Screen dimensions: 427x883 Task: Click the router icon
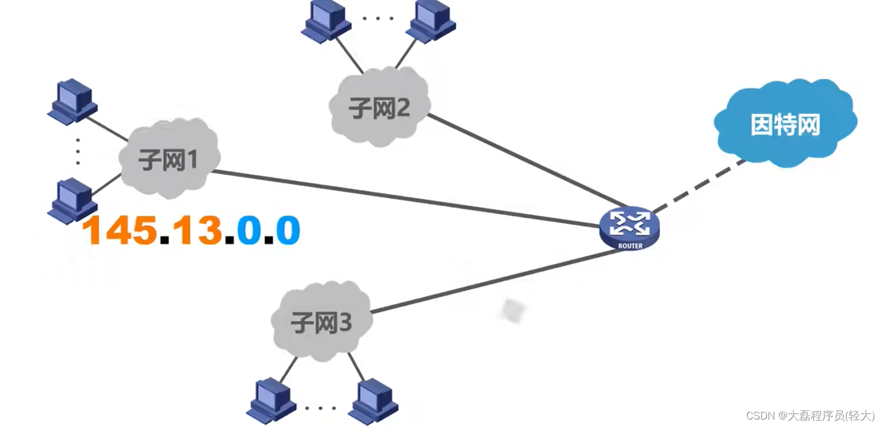pos(629,228)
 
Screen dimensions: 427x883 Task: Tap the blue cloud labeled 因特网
pos(785,124)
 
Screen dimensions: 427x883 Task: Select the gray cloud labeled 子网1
pos(169,160)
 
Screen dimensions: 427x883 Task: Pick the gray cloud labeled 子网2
pos(380,107)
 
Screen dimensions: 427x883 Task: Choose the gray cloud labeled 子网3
pos(321,322)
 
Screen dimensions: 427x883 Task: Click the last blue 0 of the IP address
pos(287,230)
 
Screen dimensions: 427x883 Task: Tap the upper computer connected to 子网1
pos(72,103)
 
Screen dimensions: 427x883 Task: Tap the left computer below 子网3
pos(271,400)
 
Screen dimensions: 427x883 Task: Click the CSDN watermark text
pos(810,415)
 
